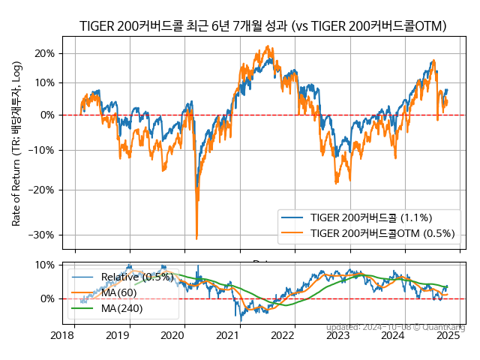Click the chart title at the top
262,27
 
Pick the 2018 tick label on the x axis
63,335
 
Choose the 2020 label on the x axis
172,335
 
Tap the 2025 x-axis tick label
448,335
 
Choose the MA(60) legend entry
118,292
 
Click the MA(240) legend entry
121,307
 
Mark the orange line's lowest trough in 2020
196,238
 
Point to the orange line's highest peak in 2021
268,46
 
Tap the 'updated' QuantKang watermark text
395,327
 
